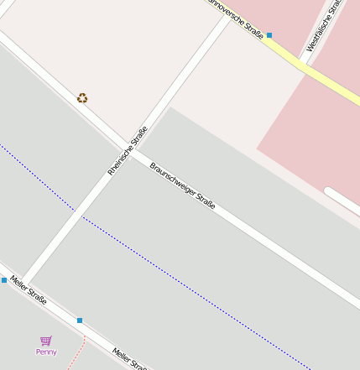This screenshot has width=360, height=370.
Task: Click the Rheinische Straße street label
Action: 128,150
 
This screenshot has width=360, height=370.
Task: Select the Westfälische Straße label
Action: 324,26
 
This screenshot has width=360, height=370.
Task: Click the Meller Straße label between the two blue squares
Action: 29,289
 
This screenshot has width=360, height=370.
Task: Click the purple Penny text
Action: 46,352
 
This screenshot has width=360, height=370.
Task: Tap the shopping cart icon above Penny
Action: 46,341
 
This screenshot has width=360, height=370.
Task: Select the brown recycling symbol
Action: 82,98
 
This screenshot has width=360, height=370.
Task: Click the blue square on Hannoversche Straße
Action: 269,35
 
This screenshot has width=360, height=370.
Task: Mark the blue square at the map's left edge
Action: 3,280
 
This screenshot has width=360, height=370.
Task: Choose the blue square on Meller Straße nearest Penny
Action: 80,320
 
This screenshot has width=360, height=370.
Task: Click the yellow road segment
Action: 310,66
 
